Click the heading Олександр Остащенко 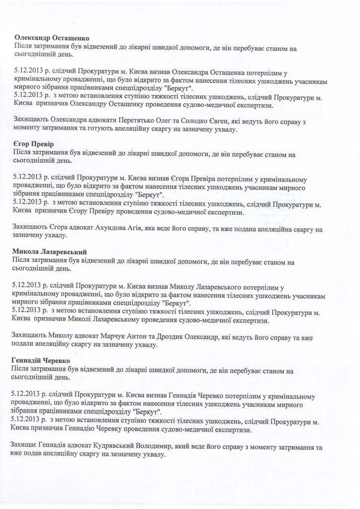[55, 38]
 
